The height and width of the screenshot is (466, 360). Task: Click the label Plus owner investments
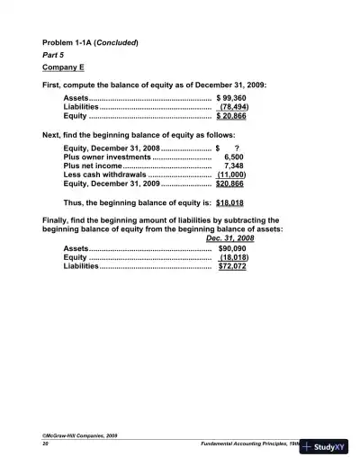(x=107, y=157)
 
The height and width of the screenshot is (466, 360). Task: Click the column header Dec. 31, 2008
(x=229, y=237)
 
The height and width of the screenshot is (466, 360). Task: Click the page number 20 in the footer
(x=46, y=444)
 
